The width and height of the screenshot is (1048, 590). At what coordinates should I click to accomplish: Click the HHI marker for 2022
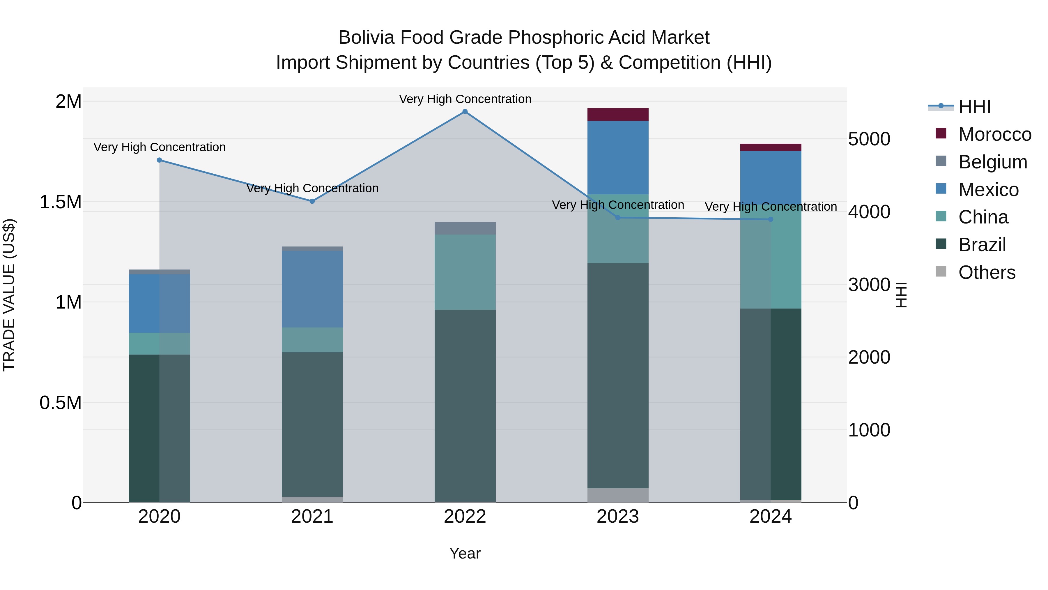point(465,112)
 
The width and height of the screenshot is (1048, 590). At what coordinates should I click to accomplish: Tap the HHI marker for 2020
point(160,160)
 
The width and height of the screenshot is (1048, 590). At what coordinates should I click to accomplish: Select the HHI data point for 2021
point(312,201)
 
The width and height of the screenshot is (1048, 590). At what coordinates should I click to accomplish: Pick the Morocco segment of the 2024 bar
point(771,147)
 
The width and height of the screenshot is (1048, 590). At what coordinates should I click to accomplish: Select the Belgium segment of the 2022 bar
point(465,228)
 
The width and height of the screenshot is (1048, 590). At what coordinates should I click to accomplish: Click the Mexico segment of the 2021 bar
point(312,289)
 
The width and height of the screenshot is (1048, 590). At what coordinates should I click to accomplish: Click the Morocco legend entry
point(994,134)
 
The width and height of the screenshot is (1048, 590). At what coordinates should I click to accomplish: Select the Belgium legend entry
point(992,162)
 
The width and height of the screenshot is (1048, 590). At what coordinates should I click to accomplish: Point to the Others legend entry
point(987,272)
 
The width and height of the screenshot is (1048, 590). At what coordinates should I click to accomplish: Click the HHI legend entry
point(974,107)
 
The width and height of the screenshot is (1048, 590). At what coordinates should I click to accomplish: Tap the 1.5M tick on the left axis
point(61,202)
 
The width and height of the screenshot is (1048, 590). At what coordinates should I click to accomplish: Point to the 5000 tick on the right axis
point(869,139)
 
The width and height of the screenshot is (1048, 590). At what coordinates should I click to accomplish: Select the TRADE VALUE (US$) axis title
point(9,295)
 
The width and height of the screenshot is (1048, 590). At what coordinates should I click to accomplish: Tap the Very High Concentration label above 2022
point(465,99)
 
